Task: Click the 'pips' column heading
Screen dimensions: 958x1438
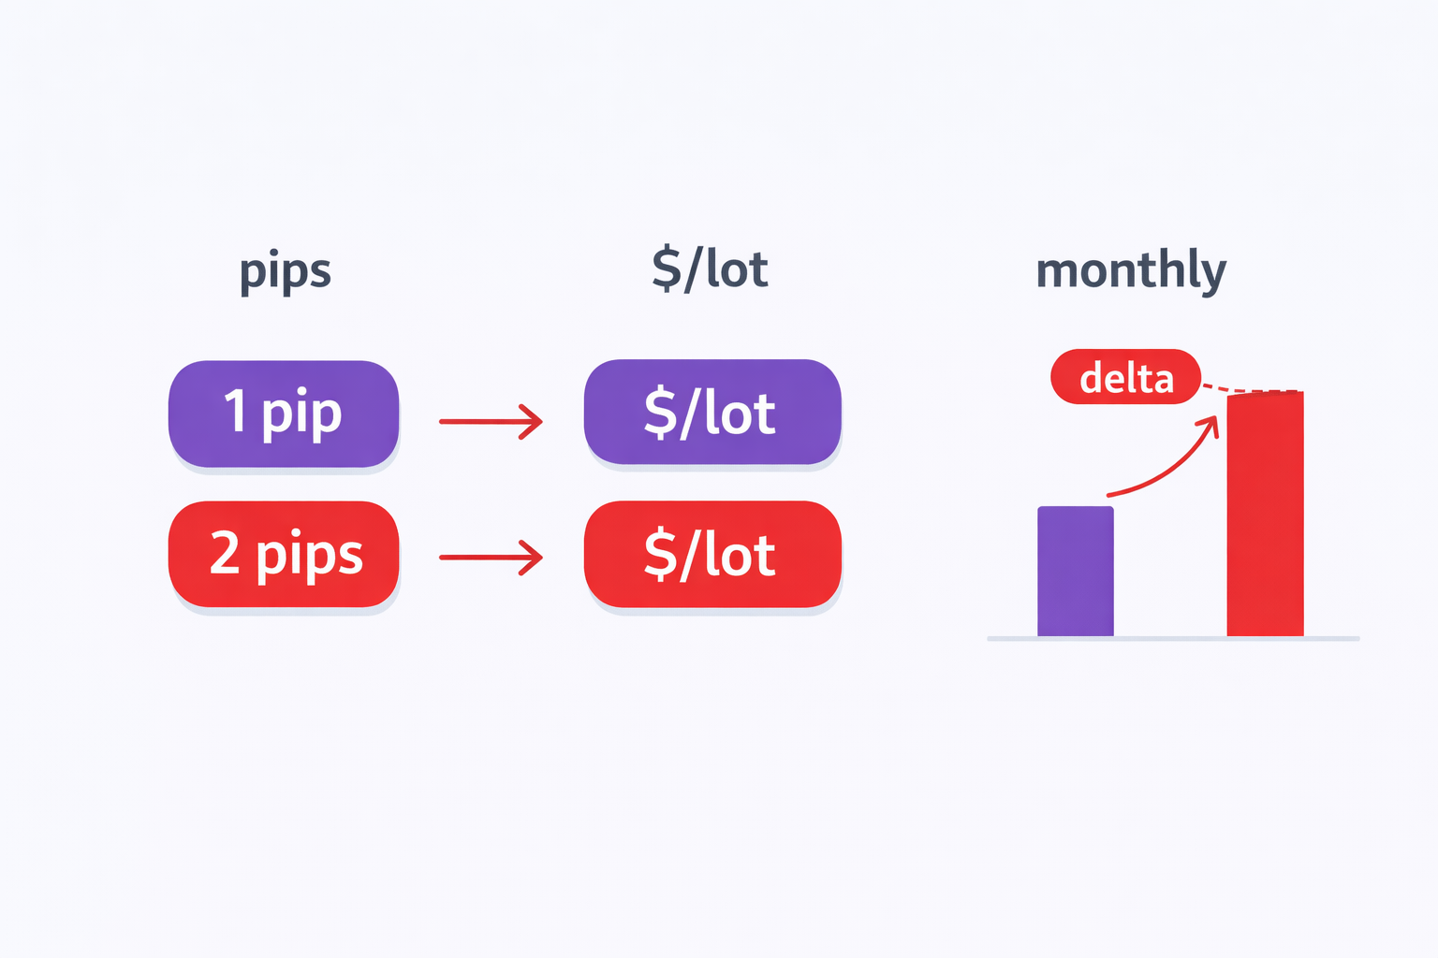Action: (286, 272)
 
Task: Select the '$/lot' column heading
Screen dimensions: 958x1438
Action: (710, 269)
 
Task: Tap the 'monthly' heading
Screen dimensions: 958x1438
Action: (1131, 270)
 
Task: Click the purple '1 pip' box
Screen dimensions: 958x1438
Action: (284, 414)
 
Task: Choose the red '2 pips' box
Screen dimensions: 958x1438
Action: (284, 554)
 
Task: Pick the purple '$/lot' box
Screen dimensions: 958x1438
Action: (712, 412)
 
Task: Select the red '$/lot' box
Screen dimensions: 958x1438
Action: (712, 554)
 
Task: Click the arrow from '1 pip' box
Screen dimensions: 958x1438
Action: (491, 422)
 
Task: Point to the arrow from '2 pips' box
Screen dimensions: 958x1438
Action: (491, 558)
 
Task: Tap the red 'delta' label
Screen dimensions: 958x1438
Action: (1125, 377)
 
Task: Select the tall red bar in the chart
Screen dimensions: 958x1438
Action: (1265, 515)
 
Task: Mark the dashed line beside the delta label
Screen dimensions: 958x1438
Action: (1250, 388)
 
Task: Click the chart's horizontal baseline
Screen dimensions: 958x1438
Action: (1172, 639)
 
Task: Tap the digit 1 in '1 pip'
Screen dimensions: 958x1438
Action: (236, 412)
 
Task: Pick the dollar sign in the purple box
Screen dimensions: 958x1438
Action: (661, 413)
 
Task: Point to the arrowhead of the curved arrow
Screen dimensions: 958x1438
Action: (1211, 427)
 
